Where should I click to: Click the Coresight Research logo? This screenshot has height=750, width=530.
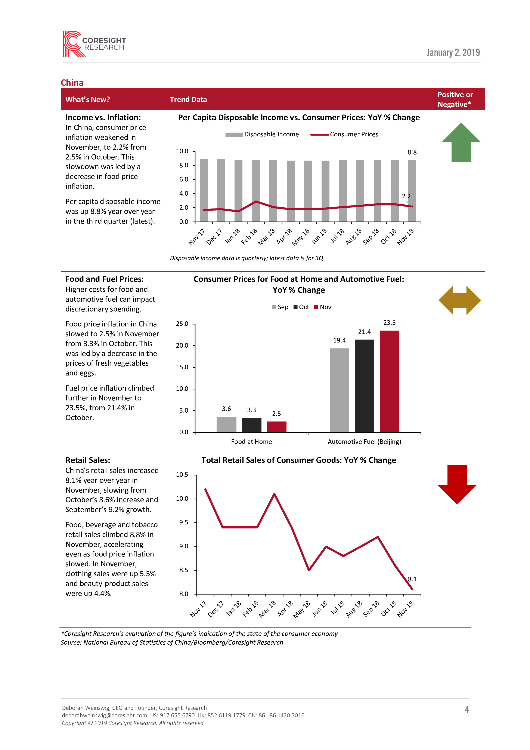point(94,44)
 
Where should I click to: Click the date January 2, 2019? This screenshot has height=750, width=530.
point(453,53)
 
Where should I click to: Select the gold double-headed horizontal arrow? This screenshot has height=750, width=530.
point(459,300)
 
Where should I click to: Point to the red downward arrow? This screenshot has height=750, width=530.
point(457,484)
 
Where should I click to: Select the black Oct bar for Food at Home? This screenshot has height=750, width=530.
point(251,425)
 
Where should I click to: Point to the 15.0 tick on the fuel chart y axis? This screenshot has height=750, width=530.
point(182,367)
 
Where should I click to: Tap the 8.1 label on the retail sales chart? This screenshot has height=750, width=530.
point(412,579)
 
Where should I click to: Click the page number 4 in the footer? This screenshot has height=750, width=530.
point(467,710)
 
